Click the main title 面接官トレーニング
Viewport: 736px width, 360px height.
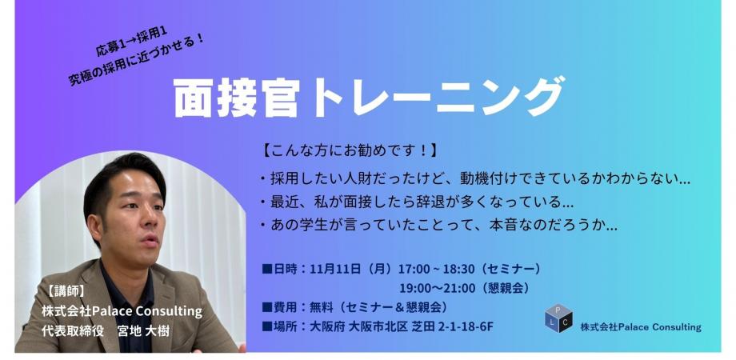pyautogui.click(x=368, y=98)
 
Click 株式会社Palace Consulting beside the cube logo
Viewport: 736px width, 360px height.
pyautogui.click(x=640, y=326)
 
